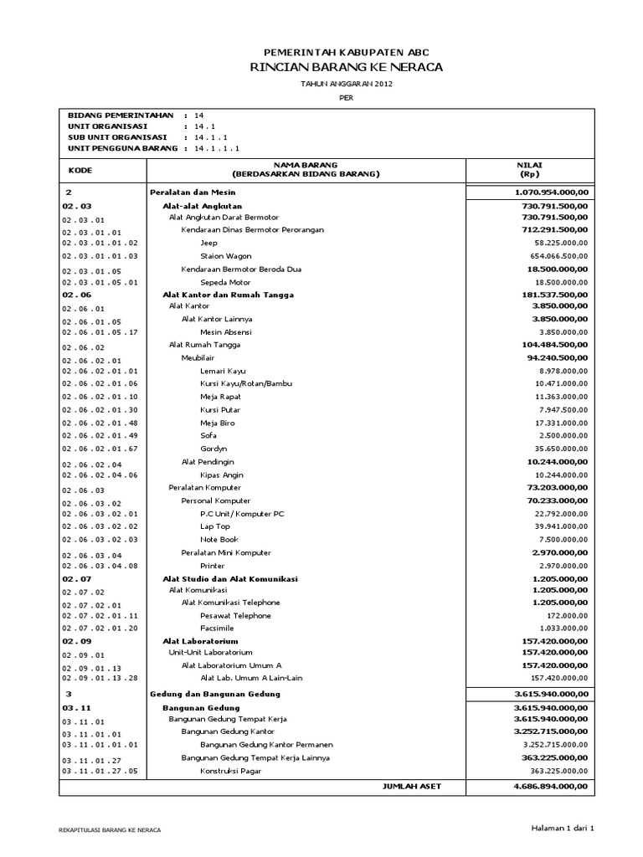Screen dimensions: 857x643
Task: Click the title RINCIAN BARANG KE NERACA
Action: [346, 67]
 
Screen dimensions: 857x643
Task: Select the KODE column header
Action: [80, 170]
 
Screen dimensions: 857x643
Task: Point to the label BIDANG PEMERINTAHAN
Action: [121, 115]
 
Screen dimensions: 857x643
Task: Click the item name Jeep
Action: [208, 243]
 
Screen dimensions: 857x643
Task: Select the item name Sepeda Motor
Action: [225, 283]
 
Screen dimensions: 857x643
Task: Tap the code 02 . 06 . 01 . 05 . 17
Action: [100, 332]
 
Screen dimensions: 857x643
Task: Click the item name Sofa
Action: [208, 435]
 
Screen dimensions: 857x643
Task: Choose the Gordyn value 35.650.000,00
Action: [557, 449]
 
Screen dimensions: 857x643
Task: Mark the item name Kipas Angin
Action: [221, 475]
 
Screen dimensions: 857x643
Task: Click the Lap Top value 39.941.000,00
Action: [557, 526]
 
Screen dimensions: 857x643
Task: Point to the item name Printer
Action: [213, 566]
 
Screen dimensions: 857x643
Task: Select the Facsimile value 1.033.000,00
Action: [559, 628]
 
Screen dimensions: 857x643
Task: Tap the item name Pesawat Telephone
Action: [235, 615]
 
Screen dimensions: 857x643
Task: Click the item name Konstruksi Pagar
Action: [232, 771]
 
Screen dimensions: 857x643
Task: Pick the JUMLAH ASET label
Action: [411, 787]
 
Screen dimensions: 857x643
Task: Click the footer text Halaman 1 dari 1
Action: [562, 828]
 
